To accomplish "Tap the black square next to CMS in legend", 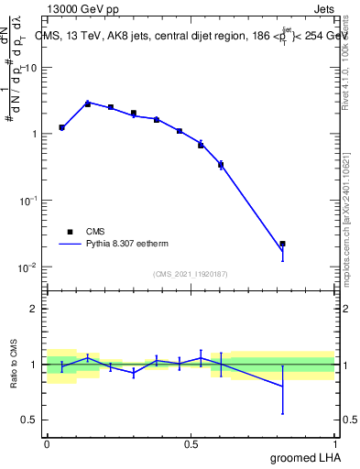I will tap(70, 232).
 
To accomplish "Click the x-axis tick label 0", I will tap(47, 442).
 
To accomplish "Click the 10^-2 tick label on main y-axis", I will tap(26, 267).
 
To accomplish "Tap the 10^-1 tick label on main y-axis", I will tap(26, 201).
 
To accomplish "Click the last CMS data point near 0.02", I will tap(282, 244).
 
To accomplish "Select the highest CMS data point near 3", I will tap(88, 104).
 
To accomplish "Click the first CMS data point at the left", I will tap(61, 127).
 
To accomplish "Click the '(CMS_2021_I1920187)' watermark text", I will tap(190, 274).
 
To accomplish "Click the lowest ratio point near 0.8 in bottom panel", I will tap(282, 387).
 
